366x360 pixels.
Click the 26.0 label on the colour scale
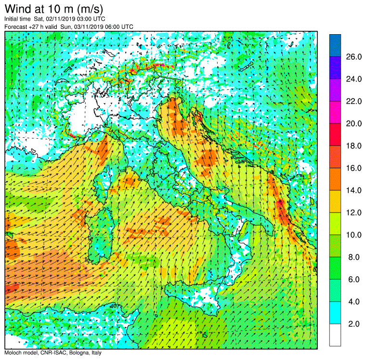[x=353, y=57]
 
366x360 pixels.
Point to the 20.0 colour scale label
[x=353, y=123]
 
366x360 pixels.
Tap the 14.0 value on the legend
[x=353, y=190]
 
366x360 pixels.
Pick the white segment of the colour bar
[x=335, y=335]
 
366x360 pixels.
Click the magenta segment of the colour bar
[x=335, y=112]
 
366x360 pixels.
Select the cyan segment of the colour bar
[x=335, y=313]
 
